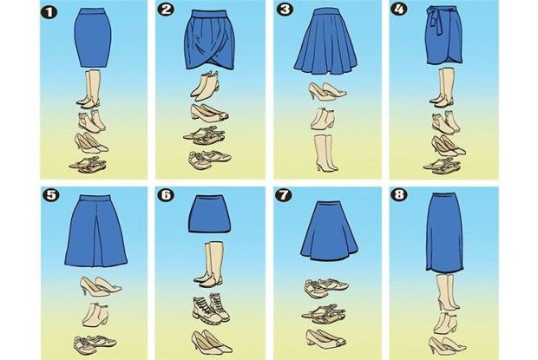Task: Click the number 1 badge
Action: (x=49, y=12)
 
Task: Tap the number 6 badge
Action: (x=166, y=194)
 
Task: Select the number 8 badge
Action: (x=399, y=194)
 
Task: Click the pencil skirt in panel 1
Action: (x=93, y=38)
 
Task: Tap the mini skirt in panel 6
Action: (x=209, y=214)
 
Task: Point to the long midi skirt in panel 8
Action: (x=444, y=232)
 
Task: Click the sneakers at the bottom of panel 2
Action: (x=210, y=159)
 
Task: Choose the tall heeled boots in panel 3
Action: (x=326, y=153)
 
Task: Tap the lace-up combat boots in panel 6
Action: (x=210, y=308)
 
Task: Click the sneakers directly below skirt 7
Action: (x=326, y=287)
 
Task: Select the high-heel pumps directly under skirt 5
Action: (x=100, y=286)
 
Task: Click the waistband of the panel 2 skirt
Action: (x=208, y=14)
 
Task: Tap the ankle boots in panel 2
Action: (x=205, y=85)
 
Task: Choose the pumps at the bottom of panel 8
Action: (x=447, y=345)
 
